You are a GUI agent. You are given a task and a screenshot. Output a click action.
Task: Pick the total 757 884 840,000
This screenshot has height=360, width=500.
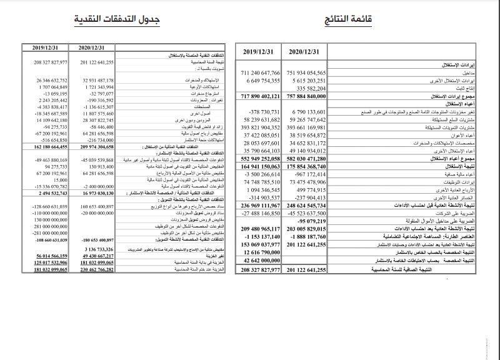[x=306, y=97]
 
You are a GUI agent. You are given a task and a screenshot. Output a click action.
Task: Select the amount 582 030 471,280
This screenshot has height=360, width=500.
[x=306, y=159]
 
